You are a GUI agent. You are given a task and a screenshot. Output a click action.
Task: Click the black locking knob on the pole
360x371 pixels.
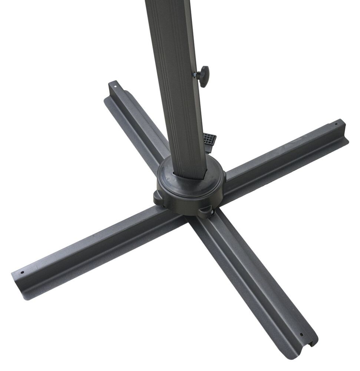[x=203, y=76]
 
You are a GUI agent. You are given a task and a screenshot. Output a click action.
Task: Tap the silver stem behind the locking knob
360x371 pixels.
[x=195, y=75]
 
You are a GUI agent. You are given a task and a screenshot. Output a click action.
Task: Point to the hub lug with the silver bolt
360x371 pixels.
[x=206, y=211]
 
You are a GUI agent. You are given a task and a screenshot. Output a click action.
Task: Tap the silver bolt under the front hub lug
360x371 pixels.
[x=212, y=213]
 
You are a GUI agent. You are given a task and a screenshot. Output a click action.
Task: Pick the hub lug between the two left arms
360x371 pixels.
[x=159, y=197]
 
